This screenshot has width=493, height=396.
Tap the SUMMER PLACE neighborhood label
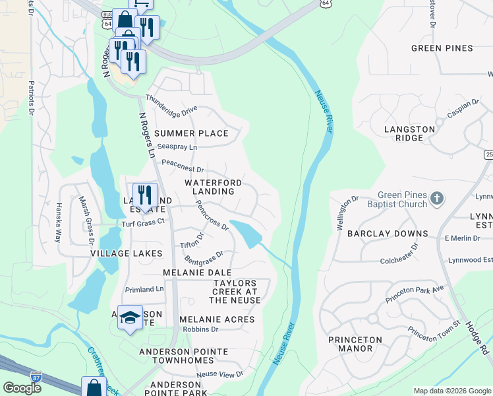point(191,133)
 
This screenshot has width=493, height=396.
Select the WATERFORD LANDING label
point(213,187)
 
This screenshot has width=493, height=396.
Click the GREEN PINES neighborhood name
point(442,48)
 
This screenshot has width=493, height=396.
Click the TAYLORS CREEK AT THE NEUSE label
point(237,292)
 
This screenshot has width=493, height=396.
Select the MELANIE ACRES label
point(217,319)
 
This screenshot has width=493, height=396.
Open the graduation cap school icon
point(130,316)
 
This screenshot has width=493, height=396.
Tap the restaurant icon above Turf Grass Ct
point(145,195)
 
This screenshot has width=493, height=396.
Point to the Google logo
point(22,388)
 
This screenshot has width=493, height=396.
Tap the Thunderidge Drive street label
point(171,109)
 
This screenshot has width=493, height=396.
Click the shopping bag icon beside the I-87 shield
point(94,387)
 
